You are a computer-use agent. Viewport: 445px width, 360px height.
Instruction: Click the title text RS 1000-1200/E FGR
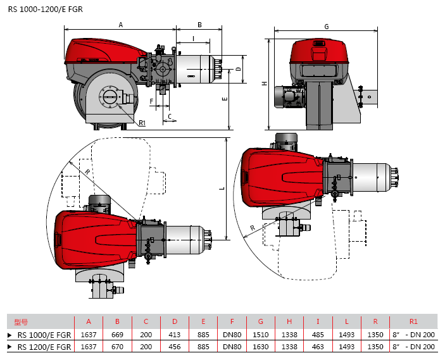click(x=46, y=9)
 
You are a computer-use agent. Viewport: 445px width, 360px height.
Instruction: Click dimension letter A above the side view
click(x=121, y=25)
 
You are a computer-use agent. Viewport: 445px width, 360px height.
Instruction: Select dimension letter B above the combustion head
click(x=199, y=25)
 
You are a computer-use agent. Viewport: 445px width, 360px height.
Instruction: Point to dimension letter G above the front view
click(x=327, y=27)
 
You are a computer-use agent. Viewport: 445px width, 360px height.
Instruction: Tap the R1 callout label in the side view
click(x=142, y=123)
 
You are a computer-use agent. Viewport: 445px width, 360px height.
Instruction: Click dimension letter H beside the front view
click(x=265, y=84)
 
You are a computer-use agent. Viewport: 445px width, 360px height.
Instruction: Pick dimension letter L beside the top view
click(x=222, y=189)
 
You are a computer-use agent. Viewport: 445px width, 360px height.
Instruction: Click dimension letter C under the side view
click(x=170, y=116)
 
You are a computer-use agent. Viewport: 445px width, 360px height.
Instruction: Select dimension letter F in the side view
click(x=151, y=101)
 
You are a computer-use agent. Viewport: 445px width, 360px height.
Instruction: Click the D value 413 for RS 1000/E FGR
click(x=175, y=335)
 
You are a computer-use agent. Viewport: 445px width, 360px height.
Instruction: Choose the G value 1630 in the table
click(x=261, y=347)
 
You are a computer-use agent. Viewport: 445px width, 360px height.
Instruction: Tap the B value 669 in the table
click(x=117, y=335)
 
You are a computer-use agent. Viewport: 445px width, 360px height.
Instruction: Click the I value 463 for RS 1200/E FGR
click(x=318, y=347)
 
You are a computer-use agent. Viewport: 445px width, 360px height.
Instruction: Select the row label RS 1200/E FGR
click(x=44, y=347)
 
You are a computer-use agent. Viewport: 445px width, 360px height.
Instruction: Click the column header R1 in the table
click(x=413, y=321)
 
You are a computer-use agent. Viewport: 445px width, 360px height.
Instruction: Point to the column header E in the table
click(x=203, y=321)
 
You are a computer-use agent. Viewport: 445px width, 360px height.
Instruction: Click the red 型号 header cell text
click(x=21, y=322)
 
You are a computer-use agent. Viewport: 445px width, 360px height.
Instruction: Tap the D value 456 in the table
click(x=175, y=347)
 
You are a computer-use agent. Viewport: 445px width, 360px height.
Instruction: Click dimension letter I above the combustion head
click(x=194, y=39)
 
